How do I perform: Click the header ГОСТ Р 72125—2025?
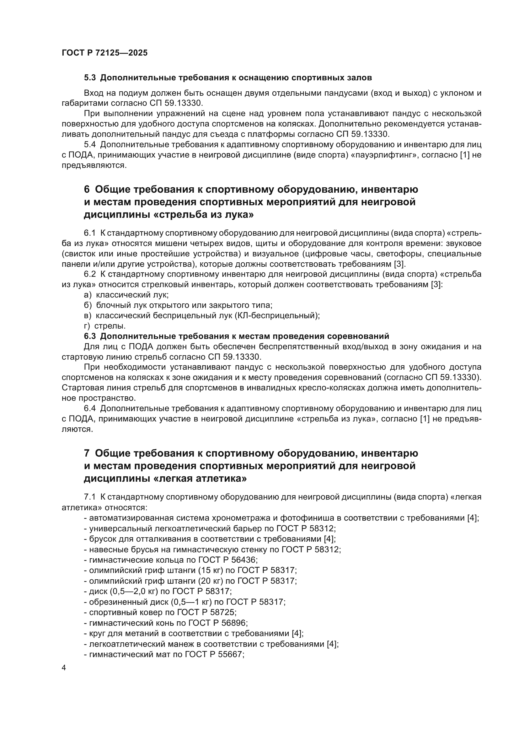pyautogui.click(x=104, y=53)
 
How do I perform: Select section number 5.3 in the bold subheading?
pyautogui.click(x=90, y=78)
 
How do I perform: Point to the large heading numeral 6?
pyautogui.click(x=87, y=190)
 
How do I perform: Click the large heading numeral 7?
pyautogui.click(x=87, y=453)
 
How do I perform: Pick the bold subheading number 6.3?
pyautogui.click(x=90, y=336)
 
